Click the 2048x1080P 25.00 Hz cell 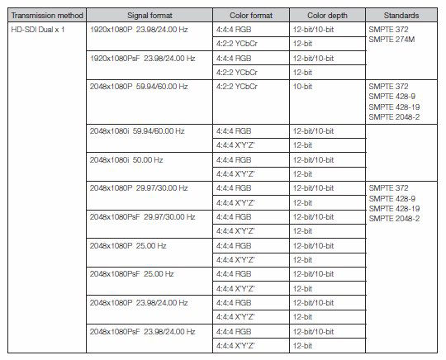click(124, 245)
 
